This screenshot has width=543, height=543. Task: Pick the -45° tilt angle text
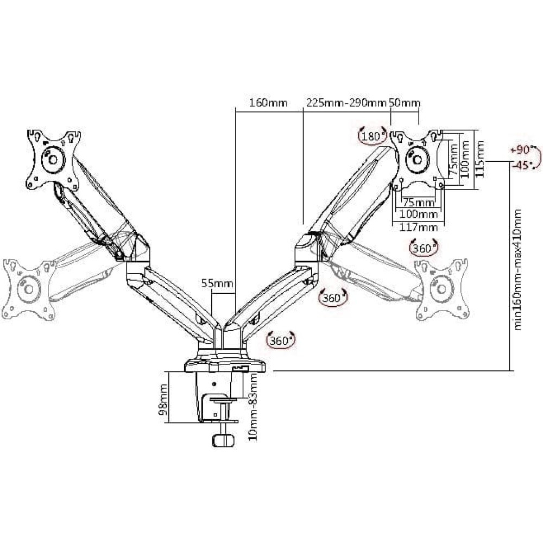coord(522,165)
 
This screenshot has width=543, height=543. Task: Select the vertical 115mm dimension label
coord(480,159)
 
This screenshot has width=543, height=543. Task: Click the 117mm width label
coord(419,228)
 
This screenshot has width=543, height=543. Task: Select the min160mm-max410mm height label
coord(517,269)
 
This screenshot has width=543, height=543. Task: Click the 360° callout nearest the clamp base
coord(281,340)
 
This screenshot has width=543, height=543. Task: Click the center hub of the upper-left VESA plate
coord(53,159)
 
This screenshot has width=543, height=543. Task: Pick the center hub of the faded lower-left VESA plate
coord(29,289)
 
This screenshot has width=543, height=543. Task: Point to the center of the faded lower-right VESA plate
coord(442,289)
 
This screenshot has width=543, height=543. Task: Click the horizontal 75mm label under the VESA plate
coord(419,202)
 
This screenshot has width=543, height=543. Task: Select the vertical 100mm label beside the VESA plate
coord(465,159)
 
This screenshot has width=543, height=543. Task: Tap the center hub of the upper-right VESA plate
coord(417,160)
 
